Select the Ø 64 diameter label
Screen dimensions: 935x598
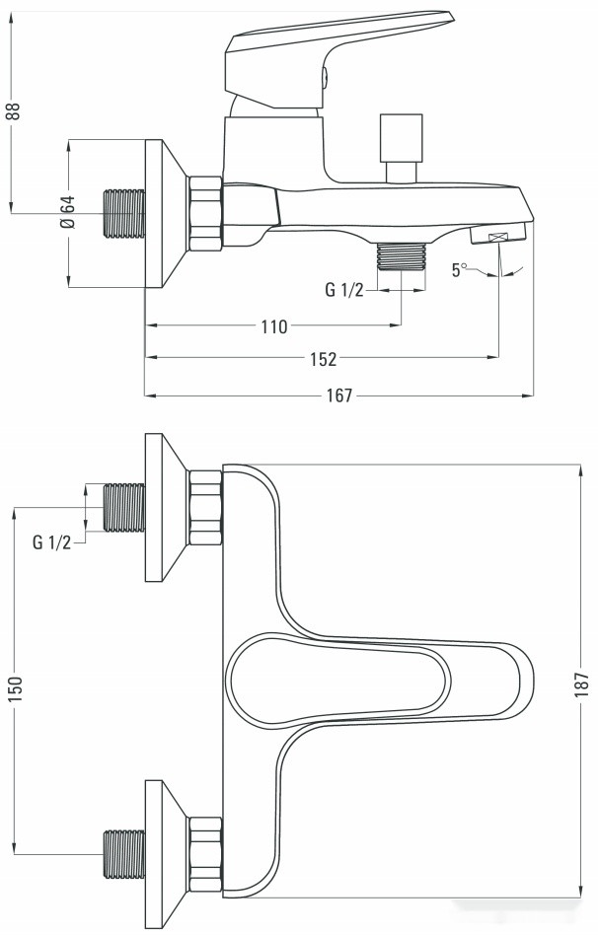pos(67,211)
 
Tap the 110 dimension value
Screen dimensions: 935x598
pos(273,326)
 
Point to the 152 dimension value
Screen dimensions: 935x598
pos(323,359)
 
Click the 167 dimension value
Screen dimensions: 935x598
pos(338,396)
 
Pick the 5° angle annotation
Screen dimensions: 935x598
pos(458,269)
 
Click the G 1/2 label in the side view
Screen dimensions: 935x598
pos(344,290)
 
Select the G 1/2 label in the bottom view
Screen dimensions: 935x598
pos(51,541)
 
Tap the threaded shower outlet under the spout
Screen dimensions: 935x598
pos(401,255)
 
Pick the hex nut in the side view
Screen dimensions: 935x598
pos(205,213)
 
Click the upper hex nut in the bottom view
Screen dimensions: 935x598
pos(205,508)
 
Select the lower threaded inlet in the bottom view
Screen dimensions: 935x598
pos(123,852)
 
